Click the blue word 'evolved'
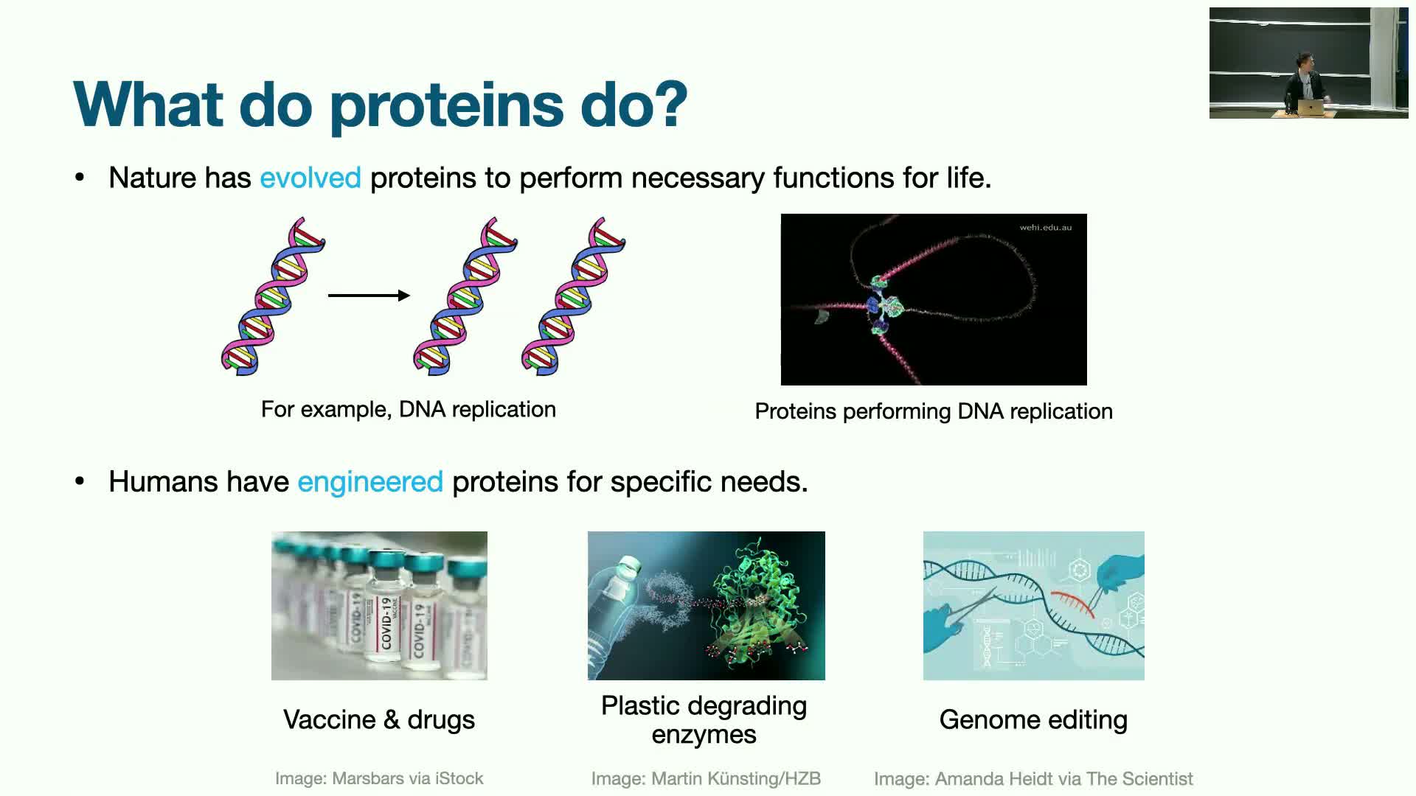pyautogui.click(x=310, y=178)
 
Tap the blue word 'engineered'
pyautogui.click(x=370, y=482)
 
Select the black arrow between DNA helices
pyautogui.click(x=369, y=296)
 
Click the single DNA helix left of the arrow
pyautogui.click(x=273, y=296)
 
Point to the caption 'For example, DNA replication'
pyautogui.click(x=409, y=409)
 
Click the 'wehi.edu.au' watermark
pyautogui.click(x=1045, y=227)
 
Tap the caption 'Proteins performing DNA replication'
pyautogui.click(x=934, y=411)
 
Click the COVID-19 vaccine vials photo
pyautogui.click(x=379, y=605)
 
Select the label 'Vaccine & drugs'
pyautogui.click(x=379, y=719)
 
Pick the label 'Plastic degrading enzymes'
pyautogui.click(x=704, y=720)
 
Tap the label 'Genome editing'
pyautogui.click(x=1033, y=719)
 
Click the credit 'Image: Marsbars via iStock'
pyautogui.click(x=379, y=778)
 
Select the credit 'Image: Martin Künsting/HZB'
pyautogui.click(x=706, y=779)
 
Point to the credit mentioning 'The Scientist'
pyautogui.click(x=1033, y=779)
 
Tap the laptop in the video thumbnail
pyautogui.click(x=1311, y=108)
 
